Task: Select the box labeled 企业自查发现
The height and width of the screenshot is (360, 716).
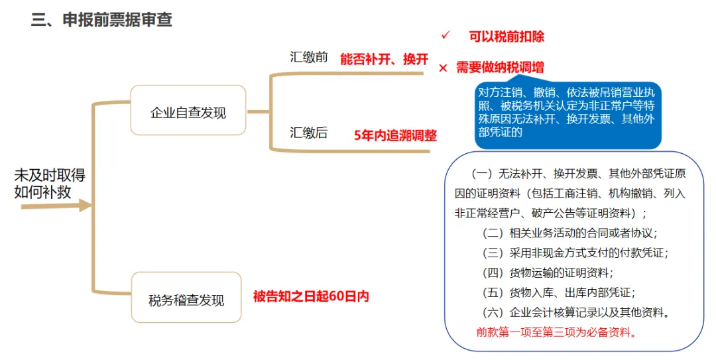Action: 188,111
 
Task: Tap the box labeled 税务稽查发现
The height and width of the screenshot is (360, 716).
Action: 186,300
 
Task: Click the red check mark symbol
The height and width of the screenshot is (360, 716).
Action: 446,34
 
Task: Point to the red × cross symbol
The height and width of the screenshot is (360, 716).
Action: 443,68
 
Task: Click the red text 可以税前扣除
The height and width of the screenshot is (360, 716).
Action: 507,36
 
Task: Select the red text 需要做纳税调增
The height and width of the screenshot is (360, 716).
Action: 500,68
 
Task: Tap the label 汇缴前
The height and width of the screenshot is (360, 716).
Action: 309,57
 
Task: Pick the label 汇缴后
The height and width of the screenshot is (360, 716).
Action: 309,133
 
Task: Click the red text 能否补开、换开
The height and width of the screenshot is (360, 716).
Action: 385,59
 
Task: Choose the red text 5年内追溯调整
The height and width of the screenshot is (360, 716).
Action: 396,135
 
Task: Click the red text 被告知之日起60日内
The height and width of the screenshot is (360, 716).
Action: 311,296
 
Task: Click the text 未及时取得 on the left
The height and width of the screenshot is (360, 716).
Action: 50,176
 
